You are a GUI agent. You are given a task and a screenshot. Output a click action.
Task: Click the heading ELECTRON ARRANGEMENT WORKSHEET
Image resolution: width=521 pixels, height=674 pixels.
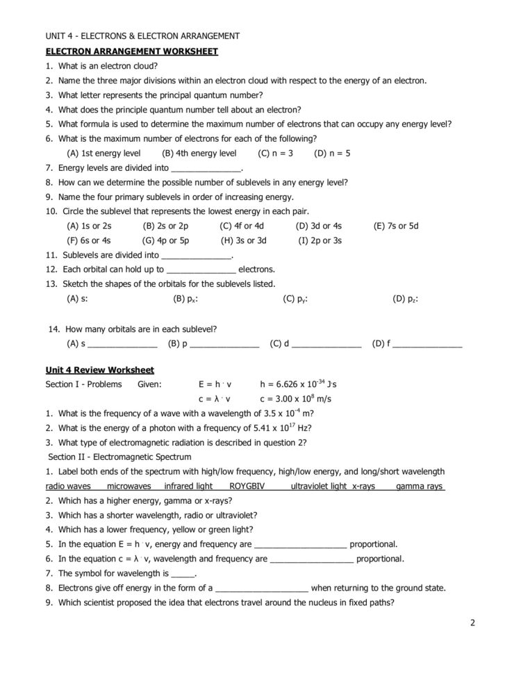pos(131,51)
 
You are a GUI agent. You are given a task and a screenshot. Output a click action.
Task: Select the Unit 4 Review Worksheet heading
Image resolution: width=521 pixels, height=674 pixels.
pos(99,370)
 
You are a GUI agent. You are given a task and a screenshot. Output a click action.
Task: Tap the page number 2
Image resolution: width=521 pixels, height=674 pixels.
pos(472,623)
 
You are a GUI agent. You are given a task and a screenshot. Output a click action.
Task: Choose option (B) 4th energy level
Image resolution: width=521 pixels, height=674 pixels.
pos(199,153)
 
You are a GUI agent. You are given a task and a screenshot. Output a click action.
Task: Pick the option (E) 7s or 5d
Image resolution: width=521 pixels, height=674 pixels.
pos(396,226)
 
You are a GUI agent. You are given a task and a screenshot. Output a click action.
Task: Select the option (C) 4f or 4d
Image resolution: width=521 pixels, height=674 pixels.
pos(242,226)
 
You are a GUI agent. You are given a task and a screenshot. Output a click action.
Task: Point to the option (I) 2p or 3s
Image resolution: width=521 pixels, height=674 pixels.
pos(320,240)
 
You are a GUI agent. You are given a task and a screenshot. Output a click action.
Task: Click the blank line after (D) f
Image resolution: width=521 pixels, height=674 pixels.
pos(427,344)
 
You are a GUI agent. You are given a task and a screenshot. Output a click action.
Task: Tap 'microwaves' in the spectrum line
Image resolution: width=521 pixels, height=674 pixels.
pos(129,486)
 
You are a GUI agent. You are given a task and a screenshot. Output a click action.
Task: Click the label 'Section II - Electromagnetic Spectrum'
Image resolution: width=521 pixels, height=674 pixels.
pos(119,457)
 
